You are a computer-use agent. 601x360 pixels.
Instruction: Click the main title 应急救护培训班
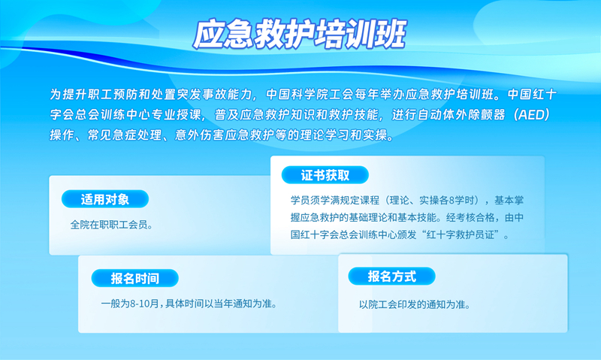click(299, 35)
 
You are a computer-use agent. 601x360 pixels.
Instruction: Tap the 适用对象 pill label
click(105, 199)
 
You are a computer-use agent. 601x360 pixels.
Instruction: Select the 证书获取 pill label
click(325, 175)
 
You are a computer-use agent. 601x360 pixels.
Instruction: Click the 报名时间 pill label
click(135, 278)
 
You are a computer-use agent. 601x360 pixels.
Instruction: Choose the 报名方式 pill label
click(391, 276)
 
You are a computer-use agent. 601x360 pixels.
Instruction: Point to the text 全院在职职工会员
click(109, 225)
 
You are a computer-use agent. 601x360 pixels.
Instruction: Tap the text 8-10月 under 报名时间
click(144, 304)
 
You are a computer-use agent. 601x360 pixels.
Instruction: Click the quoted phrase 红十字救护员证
click(461, 234)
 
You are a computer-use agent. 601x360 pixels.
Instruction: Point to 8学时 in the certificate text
click(464, 200)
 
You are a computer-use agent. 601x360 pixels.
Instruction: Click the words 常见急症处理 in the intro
click(125, 135)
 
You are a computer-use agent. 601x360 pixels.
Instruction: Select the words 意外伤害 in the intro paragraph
click(199, 135)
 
